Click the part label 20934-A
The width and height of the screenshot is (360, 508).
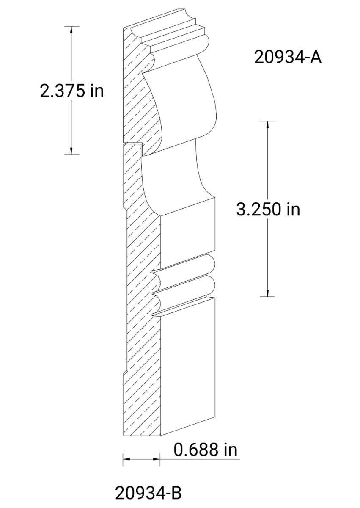pos(288,57)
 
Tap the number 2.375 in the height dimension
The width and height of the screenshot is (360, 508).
pos(59,91)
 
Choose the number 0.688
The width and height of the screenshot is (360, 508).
pos(197,450)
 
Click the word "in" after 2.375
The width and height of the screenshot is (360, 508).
pos(96,91)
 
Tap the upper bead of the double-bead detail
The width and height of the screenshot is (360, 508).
pos(186,269)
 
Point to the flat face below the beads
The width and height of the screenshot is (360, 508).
pos(188,368)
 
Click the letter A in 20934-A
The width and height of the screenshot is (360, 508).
pos(316,57)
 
